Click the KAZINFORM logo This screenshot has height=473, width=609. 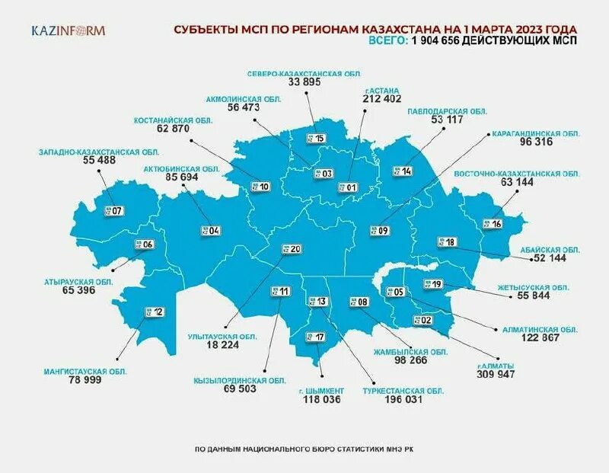(69, 31)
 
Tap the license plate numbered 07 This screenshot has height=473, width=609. (113, 210)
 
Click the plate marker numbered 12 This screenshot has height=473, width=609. (154, 312)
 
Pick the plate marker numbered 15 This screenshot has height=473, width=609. (315, 138)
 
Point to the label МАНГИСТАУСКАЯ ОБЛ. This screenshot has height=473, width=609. (85, 371)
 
